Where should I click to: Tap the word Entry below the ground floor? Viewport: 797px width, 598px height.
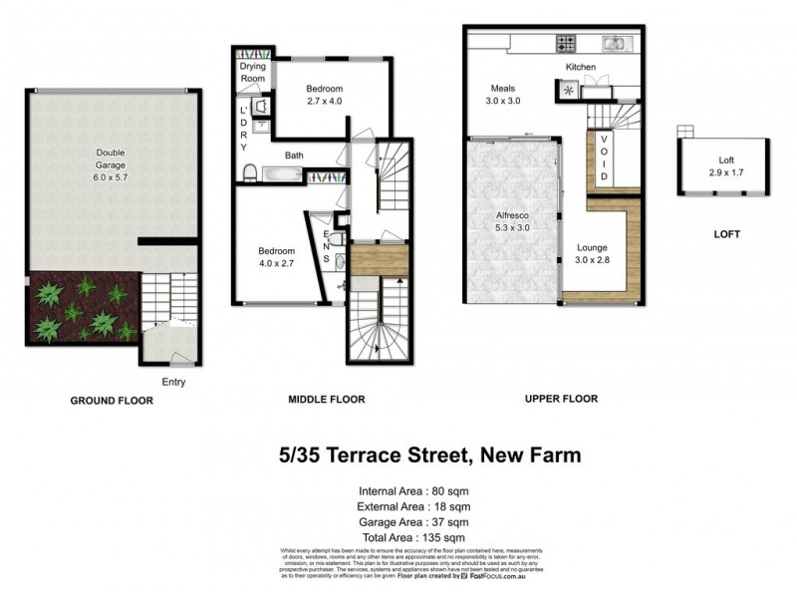click(x=173, y=382)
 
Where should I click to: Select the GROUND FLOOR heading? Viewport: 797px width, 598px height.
click(x=111, y=400)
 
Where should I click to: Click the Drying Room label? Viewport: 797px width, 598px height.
click(x=253, y=72)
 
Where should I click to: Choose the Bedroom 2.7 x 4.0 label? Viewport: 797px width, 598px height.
click(x=324, y=95)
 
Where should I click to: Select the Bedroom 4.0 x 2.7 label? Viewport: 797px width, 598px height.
click(x=277, y=257)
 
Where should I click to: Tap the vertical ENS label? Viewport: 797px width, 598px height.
click(x=326, y=245)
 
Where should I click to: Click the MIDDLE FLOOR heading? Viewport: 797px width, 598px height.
click(x=327, y=399)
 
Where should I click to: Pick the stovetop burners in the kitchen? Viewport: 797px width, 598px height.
click(x=567, y=44)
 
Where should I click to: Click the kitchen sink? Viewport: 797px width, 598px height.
click(x=615, y=43)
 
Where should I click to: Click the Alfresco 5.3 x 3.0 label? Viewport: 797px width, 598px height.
click(x=512, y=221)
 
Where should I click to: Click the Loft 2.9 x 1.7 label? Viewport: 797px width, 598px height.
click(x=725, y=165)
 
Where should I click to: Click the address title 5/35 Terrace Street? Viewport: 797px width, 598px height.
click(x=429, y=456)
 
